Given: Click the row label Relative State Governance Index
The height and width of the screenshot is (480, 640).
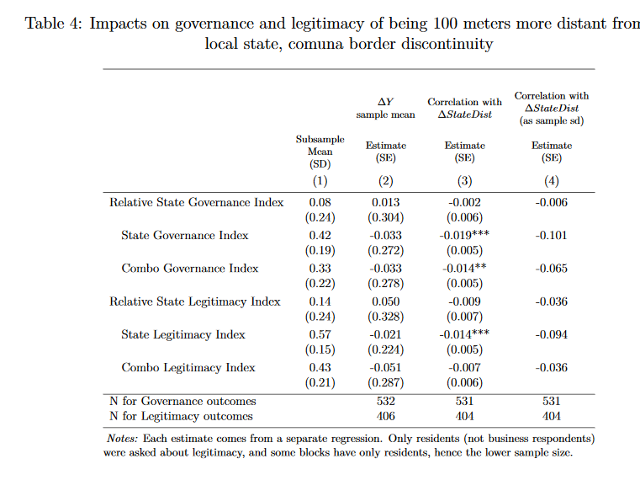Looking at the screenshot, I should click(x=196, y=202).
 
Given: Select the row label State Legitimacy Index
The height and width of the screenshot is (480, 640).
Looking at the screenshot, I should click(x=182, y=334).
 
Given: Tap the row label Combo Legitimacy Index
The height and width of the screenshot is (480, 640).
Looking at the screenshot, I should click(x=188, y=367).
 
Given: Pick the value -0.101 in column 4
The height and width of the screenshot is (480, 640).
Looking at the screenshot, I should click(x=551, y=235).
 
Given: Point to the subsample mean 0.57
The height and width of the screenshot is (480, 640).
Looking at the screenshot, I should click(x=319, y=334).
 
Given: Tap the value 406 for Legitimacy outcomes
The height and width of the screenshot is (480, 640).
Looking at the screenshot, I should click(x=384, y=416).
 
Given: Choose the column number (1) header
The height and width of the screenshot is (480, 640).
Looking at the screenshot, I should click(x=319, y=179).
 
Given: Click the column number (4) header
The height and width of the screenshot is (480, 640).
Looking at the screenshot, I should click(x=551, y=179).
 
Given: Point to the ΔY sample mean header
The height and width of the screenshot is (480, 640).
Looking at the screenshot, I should click(x=384, y=108).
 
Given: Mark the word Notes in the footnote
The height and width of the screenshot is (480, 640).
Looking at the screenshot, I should click(x=123, y=439).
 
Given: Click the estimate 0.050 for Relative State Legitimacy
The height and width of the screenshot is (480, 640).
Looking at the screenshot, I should click(x=384, y=301).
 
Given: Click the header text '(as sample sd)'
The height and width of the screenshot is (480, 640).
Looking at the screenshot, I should click(x=551, y=120).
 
